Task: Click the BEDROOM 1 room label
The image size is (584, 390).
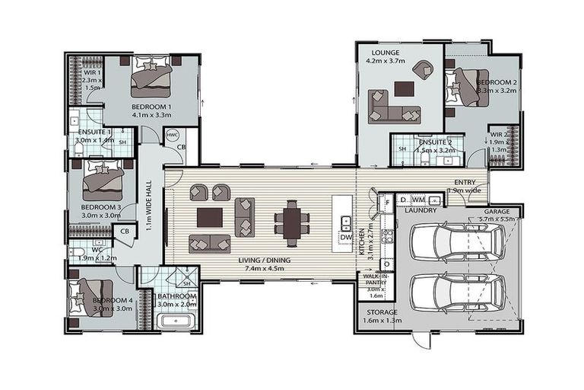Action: click(x=151, y=107)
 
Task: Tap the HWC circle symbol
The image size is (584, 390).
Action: click(x=173, y=136)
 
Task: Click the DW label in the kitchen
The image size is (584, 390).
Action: click(x=345, y=237)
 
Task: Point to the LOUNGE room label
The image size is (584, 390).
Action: click(x=386, y=53)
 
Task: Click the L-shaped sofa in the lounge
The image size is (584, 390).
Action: click(x=392, y=106)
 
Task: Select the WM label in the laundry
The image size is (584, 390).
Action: click(x=418, y=200)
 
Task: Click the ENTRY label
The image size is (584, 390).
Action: click(x=464, y=182)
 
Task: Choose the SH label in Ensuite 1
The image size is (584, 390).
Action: click(x=122, y=142)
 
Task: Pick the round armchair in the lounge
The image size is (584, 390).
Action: click(x=421, y=69)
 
